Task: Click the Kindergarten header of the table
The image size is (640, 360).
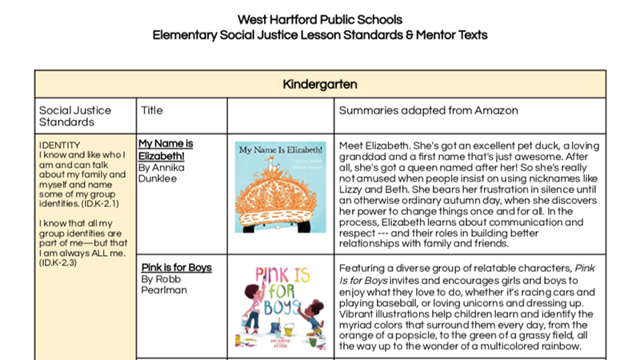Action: pyautogui.click(x=320, y=83)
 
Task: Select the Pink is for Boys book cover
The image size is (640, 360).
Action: pyautogui.click(x=280, y=306)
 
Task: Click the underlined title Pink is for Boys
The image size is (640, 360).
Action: pyautogui.click(x=176, y=267)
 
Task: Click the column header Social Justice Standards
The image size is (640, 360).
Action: pyautogui.click(x=75, y=116)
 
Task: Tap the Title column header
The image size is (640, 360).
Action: pyautogui.click(x=151, y=110)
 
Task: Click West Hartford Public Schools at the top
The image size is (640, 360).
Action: pyautogui.click(x=320, y=19)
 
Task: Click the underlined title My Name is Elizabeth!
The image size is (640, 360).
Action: pyautogui.click(x=166, y=150)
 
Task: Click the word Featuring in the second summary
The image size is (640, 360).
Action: pyautogui.click(x=364, y=267)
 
